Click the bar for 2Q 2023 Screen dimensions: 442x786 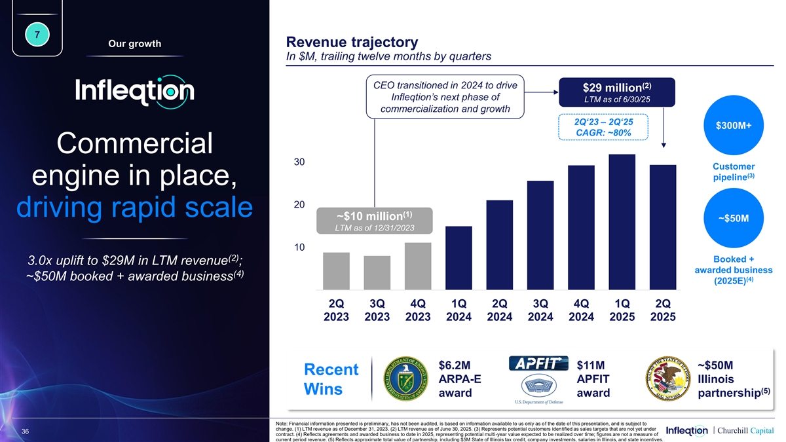tap(336, 271)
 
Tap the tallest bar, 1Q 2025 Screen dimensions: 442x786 tap(622, 222)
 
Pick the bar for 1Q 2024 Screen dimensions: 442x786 tap(458, 258)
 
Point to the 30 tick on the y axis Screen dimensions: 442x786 tap(299, 162)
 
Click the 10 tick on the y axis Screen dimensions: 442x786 tap(299, 248)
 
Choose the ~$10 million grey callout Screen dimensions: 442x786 tap(375, 221)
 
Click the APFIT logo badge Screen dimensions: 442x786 tap(536, 363)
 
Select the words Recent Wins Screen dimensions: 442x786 tap(331, 379)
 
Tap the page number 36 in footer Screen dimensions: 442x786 tap(25, 432)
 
